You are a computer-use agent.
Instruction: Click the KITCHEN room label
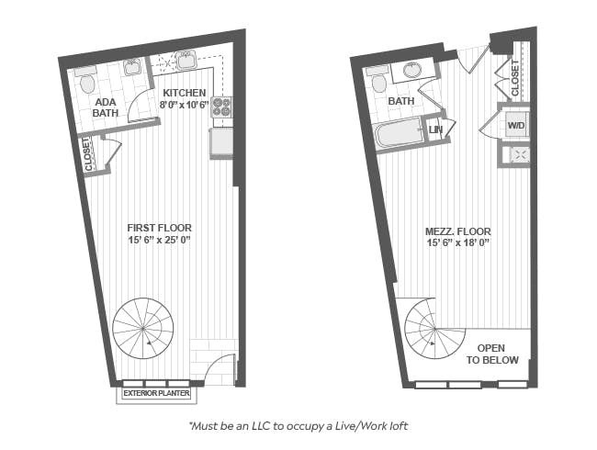click(185, 93)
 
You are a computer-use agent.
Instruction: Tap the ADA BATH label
click(106, 107)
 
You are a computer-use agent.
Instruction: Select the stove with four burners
click(222, 107)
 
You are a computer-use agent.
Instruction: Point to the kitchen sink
click(186, 60)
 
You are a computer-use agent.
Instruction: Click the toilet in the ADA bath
click(87, 81)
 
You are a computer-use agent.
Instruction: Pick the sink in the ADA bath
click(132, 68)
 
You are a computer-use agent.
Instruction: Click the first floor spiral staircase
click(143, 328)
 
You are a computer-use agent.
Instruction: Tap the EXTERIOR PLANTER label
click(156, 393)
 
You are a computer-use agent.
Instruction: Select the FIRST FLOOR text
click(160, 228)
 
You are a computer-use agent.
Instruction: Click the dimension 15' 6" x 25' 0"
click(160, 241)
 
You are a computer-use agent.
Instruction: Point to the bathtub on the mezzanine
click(399, 132)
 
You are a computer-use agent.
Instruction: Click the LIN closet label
click(435, 129)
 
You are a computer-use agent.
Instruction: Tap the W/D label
click(516, 125)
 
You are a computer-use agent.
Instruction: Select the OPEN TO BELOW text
click(492, 354)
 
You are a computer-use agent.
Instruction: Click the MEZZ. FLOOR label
click(457, 231)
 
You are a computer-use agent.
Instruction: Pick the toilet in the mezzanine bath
click(378, 80)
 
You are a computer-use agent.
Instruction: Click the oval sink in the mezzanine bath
click(412, 71)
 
